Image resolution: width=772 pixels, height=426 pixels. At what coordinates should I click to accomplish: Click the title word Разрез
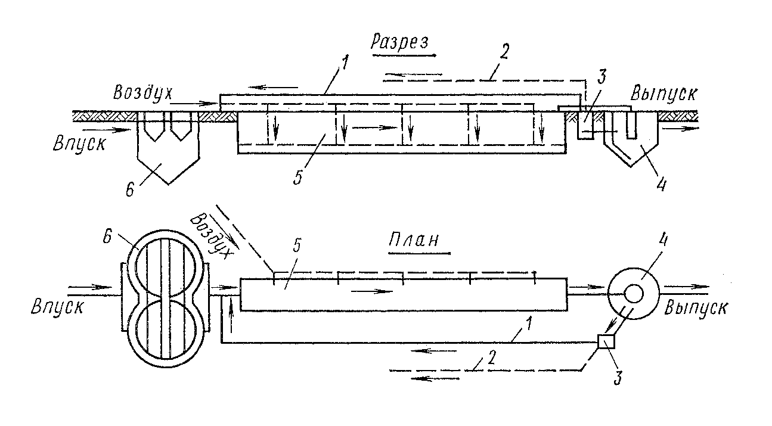(x=400, y=43)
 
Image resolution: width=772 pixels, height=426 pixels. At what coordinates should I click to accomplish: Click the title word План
(x=414, y=240)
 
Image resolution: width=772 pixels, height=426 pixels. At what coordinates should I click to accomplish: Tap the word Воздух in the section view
(x=142, y=92)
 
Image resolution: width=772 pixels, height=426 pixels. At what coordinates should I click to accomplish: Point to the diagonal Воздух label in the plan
(x=210, y=236)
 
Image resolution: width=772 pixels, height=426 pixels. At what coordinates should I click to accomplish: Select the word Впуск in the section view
(x=79, y=144)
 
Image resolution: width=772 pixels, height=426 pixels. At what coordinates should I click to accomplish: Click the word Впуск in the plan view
(x=57, y=306)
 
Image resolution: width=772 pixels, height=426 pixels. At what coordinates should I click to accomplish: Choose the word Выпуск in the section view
(x=664, y=93)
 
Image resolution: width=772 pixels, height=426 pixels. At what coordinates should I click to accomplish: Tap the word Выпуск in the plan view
(x=696, y=307)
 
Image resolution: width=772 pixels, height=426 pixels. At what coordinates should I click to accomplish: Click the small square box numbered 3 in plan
(x=606, y=341)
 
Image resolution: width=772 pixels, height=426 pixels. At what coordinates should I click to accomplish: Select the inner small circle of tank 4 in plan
(x=634, y=294)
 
